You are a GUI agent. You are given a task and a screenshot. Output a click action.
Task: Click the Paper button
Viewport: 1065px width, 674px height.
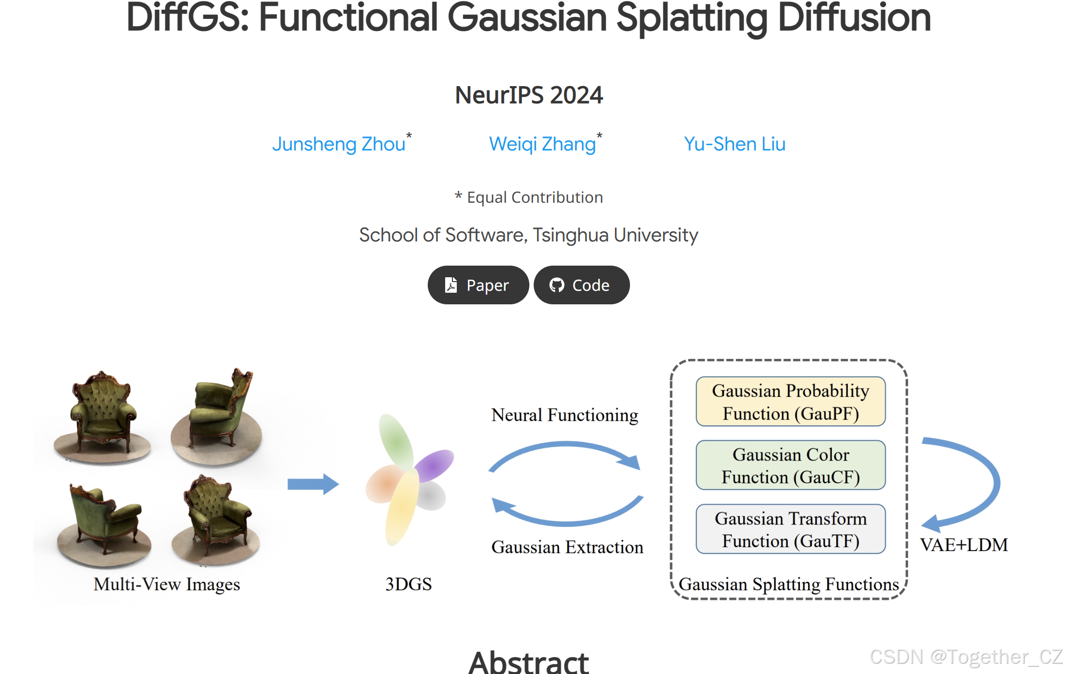tap(478, 285)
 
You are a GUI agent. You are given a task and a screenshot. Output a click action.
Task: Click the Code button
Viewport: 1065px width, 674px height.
tap(581, 285)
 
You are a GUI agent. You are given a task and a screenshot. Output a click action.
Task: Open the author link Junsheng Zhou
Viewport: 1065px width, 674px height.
tap(339, 144)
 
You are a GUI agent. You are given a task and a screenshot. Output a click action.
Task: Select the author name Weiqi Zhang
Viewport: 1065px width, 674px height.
tap(542, 144)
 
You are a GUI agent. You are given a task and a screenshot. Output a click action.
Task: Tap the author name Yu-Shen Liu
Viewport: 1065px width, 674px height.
tap(734, 144)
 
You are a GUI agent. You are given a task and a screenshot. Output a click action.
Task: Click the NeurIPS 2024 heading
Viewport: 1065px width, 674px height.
tap(529, 95)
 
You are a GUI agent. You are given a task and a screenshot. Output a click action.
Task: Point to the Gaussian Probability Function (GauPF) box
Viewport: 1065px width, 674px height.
tap(790, 402)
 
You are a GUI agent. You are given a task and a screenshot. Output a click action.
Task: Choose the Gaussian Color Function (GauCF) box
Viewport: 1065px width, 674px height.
tap(790, 465)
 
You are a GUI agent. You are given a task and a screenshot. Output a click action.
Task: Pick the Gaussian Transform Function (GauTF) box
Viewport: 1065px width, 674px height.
tap(790, 529)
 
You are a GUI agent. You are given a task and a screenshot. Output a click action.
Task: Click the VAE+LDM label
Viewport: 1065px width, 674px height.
tap(963, 545)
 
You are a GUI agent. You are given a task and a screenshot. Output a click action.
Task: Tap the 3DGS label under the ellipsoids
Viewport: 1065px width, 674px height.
tap(408, 584)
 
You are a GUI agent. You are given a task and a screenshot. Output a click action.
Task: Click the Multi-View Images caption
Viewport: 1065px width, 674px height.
tap(166, 584)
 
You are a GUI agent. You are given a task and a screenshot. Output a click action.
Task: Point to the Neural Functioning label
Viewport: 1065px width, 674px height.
tap(565, 415)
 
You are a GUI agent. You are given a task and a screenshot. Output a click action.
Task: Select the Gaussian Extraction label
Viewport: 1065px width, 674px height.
tap(567, 547)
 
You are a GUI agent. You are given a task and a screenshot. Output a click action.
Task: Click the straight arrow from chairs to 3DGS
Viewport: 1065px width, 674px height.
tap(313, 484)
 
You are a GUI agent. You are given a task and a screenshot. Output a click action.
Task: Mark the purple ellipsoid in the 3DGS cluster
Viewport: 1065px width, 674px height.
tap(434, 464)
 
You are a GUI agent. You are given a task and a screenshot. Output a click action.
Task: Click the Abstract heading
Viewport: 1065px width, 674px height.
tap(529, 662)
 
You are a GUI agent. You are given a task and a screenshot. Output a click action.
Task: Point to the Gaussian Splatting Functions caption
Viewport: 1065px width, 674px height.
tap(789, 584)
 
